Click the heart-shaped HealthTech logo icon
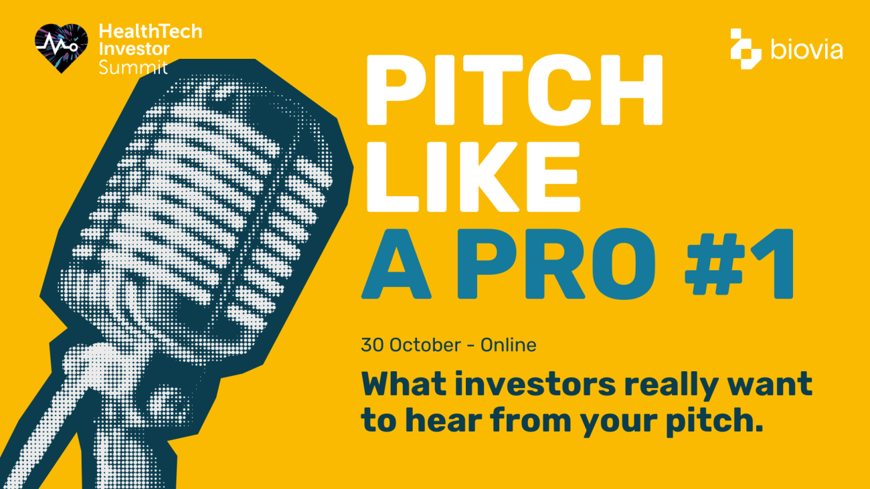[x=62, y=47]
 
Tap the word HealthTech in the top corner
[x=150, y=31]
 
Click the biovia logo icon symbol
[x=746, y=48]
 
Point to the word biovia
[x=806, y=49]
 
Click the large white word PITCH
[x=513, y=90]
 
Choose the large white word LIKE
[x=470, y=175]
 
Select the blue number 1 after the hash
[x=776, y=264]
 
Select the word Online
[x=509, y=345]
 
